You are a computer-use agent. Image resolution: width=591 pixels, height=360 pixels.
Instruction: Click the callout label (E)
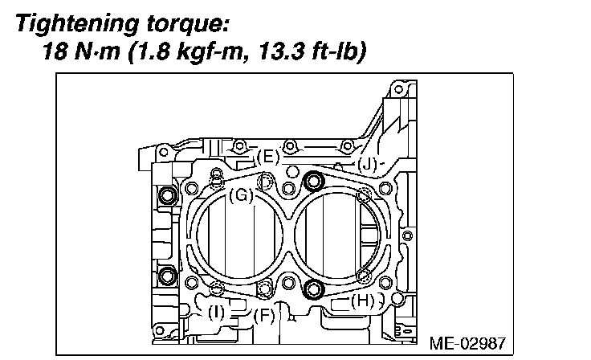pyautogui.click(x=267, y=157)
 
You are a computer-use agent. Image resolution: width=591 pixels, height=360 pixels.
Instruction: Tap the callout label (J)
pyautogui.click(x=367, y=165)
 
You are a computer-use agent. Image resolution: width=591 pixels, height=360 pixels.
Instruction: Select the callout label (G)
pyautogui.click(x=241, y=195)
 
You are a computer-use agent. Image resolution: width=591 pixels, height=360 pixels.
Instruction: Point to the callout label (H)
pyautogui.click(x=363, y=301)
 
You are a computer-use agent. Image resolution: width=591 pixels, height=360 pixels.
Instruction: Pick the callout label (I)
pyautogui.click(x=216, y=313)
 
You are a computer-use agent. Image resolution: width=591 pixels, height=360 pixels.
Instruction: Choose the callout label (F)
pyautogui.click(x=264, y=316)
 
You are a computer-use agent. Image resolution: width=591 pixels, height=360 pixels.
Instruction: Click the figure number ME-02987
pyautogui.click(x=467, y=343)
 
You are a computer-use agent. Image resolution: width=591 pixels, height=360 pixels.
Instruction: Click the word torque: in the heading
pyautogui.click(x=188, y=25)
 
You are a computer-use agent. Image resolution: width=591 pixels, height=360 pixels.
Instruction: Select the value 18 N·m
pyautogui.click(x=81, y=51)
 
